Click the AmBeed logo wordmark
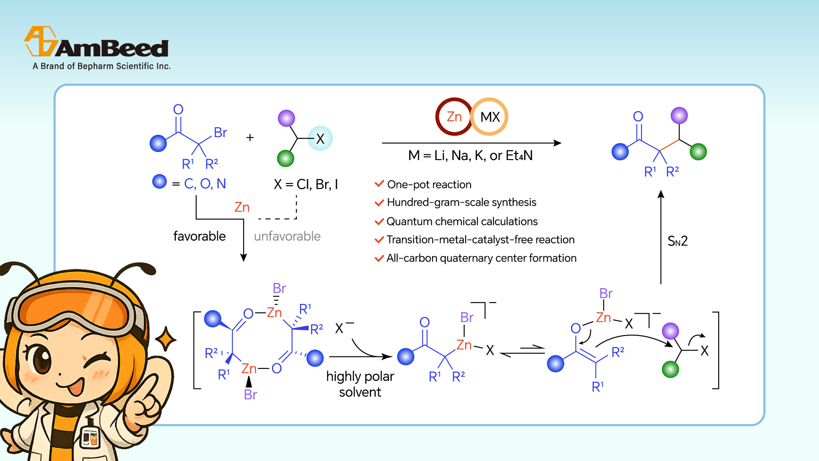112,48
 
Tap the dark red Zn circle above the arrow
454,117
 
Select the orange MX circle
490,117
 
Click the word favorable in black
199,236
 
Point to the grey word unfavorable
287,236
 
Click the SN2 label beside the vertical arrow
677,241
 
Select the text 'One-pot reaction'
429,184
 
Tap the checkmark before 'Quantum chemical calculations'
379,222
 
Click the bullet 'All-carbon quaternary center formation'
481,258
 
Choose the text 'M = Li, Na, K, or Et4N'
470,155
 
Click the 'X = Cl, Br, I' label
305,184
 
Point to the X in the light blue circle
320,138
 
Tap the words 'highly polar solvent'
360,384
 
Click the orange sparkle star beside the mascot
166,339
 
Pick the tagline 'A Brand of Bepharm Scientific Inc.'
102,66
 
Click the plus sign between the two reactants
250,137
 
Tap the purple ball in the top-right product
679,115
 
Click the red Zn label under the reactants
242,207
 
